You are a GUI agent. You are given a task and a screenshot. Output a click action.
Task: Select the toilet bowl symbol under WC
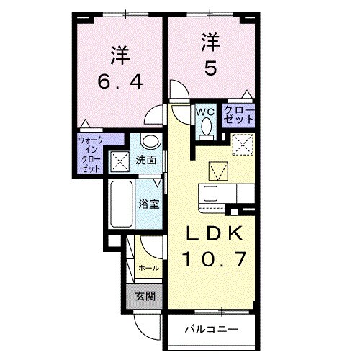[205, 128]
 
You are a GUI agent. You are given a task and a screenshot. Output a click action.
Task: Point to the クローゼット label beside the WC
[238, 117]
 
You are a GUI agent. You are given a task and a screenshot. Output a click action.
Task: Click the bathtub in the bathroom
[120, 204]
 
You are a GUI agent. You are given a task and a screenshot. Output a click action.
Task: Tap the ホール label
[148, 267]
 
